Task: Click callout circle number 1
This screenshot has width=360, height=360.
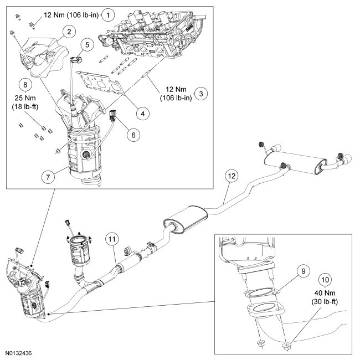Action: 108,15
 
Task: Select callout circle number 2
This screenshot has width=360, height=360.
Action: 69,32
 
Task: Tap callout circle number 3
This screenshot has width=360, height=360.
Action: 201,94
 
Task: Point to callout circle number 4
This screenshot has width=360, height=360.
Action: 142,114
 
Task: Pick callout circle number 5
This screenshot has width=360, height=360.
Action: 87,44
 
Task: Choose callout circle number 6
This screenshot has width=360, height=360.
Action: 133,135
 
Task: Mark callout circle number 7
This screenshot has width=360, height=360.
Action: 48,177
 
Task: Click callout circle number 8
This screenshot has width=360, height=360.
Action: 25,85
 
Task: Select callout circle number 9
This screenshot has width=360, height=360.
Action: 304,271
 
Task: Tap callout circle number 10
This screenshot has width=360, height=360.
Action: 325,280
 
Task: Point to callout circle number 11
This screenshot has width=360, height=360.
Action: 112,239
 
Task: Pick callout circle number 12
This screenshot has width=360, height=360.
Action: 232,176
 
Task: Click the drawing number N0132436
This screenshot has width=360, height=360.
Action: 19,353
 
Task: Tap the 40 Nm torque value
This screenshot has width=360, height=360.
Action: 325,293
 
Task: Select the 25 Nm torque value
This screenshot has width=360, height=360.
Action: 25,98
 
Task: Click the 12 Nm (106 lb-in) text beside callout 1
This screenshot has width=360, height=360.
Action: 71,15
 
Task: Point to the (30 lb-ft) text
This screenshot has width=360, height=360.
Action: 325,302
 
